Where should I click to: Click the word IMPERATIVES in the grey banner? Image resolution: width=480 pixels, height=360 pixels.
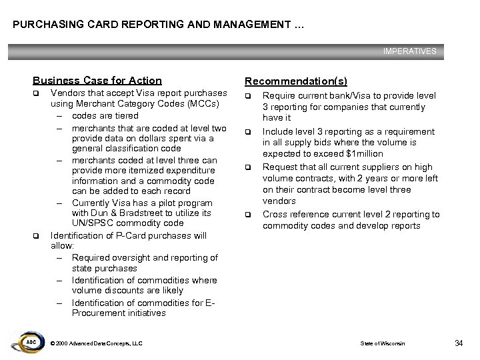tap(409, 51)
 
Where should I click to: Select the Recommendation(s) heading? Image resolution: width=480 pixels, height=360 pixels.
tap(295, 81)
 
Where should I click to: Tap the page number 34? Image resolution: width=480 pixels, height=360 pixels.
tap(458, 343)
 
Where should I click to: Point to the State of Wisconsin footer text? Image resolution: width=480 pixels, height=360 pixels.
tap(382, 343)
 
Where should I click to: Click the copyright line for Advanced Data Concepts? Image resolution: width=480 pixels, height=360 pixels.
tap(96, 343)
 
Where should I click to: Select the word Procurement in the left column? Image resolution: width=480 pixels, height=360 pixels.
tap(98, 313)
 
